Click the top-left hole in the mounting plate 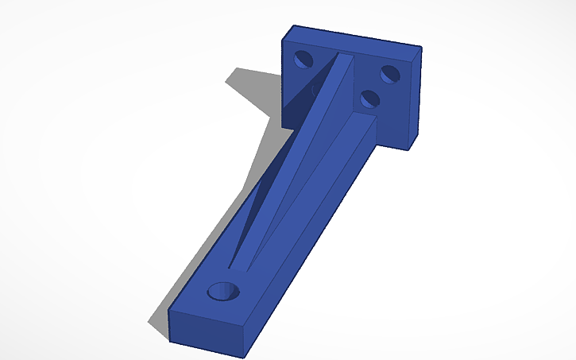point(303,58)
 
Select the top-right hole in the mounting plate point(389,74)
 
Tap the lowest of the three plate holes point(368,99)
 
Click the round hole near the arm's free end point(223,291)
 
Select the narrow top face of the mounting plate point(354,37)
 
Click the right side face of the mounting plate point(415,99)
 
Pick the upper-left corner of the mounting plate point(290,26)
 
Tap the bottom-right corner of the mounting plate point(412,149)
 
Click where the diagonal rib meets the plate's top point(343,56)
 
